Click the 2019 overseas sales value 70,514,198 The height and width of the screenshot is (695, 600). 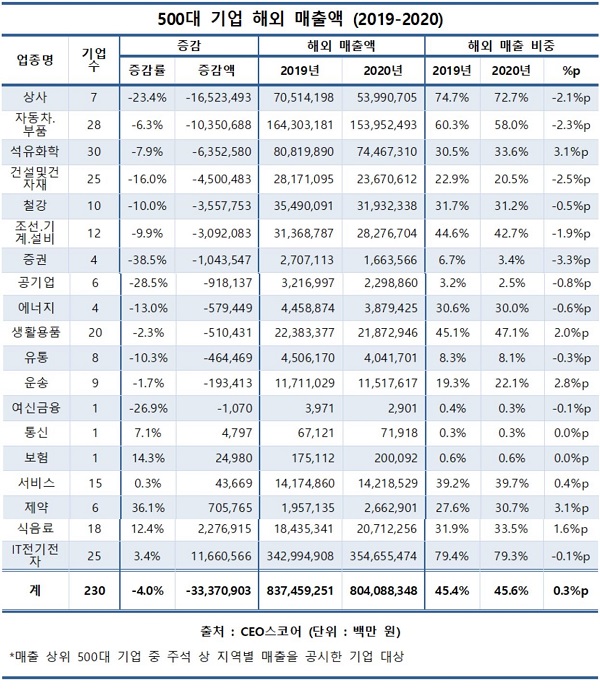(298, 98)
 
